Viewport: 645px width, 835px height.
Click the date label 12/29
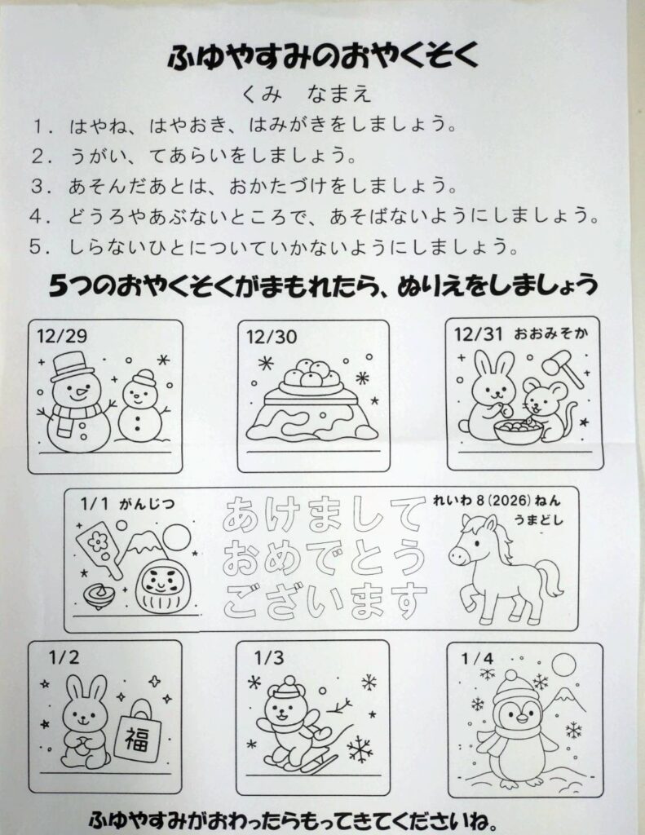click(62, 336)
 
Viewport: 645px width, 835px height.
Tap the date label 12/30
click(272, 337)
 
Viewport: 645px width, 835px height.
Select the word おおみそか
click(551, 334)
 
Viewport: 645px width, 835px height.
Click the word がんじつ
click(147, 504)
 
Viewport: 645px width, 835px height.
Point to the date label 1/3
click(269, 658)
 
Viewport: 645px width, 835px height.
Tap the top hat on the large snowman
click(73, 366)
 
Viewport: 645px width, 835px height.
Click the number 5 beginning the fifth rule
click(36, 247)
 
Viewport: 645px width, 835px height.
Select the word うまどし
click(538, 519)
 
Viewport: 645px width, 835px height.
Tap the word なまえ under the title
click(338, 95)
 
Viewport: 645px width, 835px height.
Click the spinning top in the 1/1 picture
click(99, 595)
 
